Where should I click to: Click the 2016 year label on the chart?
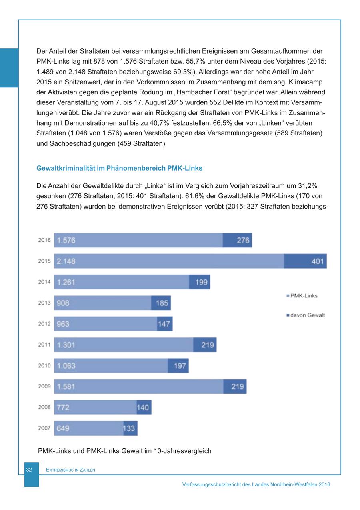[44, 240]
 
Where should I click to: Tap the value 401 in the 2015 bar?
[317, 261]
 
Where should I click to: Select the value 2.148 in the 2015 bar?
[66, 261]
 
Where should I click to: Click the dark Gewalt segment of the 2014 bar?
[200, 282]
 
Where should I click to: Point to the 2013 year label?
[44, 303]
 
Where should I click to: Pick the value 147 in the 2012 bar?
[164, 324]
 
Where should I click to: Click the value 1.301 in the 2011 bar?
[66, 345]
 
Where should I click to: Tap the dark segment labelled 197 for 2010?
[178, 365]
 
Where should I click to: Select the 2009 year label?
[44, 386]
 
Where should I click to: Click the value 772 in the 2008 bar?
[63, 408]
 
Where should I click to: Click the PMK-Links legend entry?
[304, 296]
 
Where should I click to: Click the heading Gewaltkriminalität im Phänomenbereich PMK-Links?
[119, 168]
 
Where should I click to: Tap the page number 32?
[29, 470]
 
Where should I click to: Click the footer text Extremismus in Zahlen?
[70, 470]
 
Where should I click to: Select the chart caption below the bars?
[124, 451]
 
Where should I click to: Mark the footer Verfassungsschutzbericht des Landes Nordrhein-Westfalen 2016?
[256, 484]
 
